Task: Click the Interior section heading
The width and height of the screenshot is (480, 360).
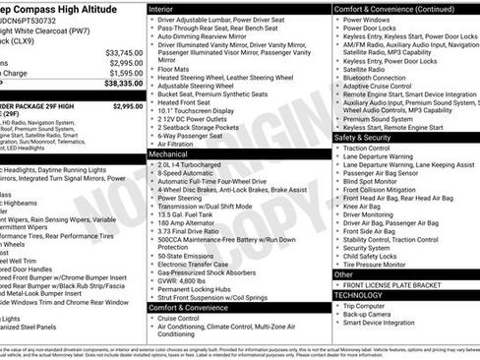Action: pyautogui.click(x=163, y=8)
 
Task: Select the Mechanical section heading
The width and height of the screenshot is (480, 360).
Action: pyautogui.click(x=171, y=154)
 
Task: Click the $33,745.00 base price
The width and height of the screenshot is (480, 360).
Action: pyautogui.click(x=123, y=52)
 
